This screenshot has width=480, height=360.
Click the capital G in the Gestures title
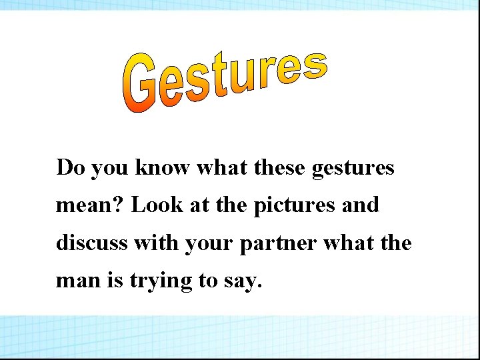pyautogui.click(x=142, y=85)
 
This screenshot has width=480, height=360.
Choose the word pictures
pyautogui.click(x=298, y=206)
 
